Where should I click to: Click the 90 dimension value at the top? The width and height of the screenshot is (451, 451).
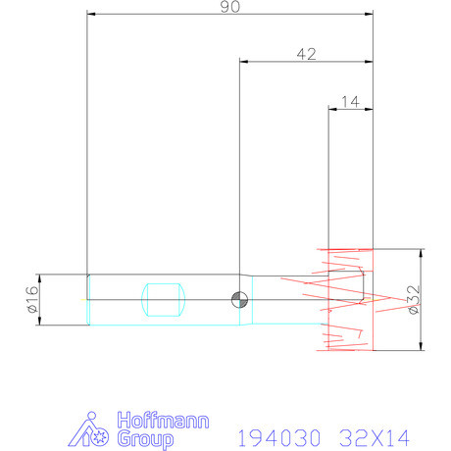click(231, 6)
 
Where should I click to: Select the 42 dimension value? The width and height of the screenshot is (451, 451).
click(306, 54)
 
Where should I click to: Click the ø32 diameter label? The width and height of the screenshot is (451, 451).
click(414, 298)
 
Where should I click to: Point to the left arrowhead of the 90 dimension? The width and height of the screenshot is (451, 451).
click(91, 15)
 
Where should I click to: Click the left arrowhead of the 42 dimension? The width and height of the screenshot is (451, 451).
click(243, 62)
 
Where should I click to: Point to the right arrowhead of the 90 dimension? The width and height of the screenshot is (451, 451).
click(370, 15)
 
